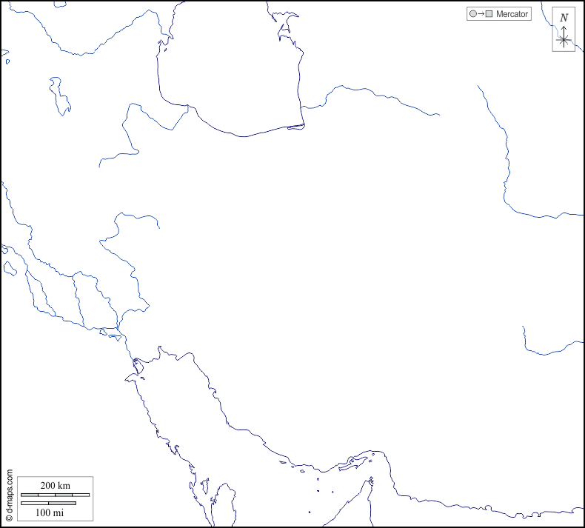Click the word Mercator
(x=512, y=14)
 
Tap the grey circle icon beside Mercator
(x=472, y=14)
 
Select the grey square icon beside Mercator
(x=489, y=14)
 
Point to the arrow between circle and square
(x=481, y=14)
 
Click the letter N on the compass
(x=564, y=18)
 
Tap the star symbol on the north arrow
(x=564, y=40)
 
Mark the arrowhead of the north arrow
(x=564, y=28)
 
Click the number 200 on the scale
(x=47, y=485)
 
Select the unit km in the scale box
(x=64, y=485)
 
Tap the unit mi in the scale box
(x=58, y=512)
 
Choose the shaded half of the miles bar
(x=62, y=504)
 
